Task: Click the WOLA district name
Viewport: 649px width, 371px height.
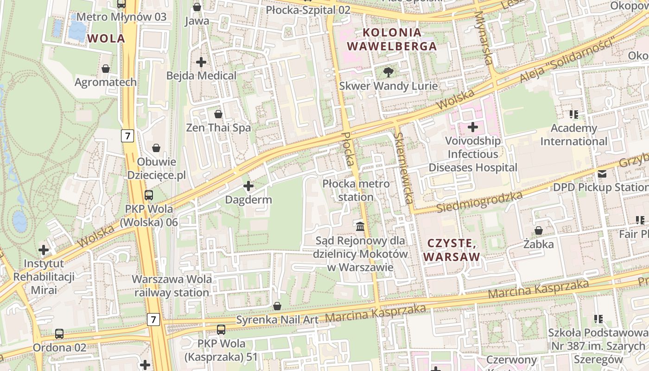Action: (106, 38)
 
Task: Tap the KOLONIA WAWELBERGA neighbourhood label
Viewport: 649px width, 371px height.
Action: (392, 39)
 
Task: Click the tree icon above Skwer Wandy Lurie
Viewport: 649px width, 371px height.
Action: (388, 72)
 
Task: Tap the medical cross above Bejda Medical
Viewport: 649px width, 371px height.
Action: (201, 62)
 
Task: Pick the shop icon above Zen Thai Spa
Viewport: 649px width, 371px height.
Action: (218, 114)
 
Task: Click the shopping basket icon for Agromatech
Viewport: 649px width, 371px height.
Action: (106, 69)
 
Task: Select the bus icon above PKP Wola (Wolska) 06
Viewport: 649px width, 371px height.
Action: (149, 195)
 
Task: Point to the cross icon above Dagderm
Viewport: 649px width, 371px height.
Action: (248, 186)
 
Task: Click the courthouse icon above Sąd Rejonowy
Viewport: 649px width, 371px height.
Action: (360, 227)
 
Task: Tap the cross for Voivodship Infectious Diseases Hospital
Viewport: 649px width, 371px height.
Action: (473, 127)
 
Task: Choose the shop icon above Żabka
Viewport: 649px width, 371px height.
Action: (539, 230)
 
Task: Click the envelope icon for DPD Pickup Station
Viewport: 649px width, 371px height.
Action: (602, 174)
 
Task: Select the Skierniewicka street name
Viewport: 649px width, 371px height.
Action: (403, 168)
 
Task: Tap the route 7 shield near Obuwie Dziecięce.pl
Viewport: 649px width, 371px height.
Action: (128, 136)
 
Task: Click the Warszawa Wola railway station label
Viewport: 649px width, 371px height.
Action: (172, 286)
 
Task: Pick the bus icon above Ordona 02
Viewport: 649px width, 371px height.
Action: (59, 334)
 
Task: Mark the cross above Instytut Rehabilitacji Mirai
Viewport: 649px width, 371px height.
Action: (44, 250)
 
